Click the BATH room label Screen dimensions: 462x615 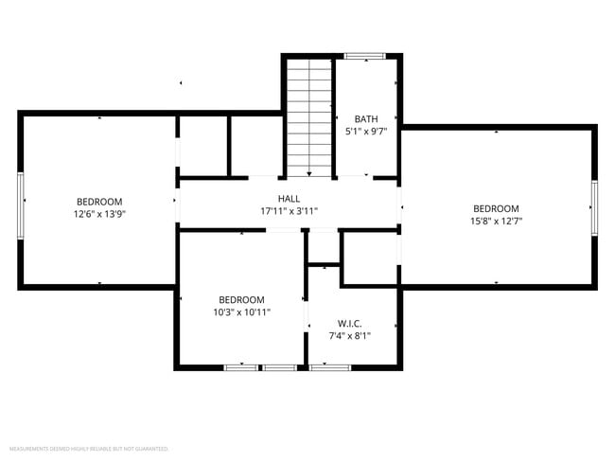[x=365, y=118]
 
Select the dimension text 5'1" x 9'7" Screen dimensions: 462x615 [x=365, y=131]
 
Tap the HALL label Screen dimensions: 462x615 [x=289, y=198]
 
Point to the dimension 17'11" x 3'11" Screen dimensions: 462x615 [x=289, y=210]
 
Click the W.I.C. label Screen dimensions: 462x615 [x=349, y=323]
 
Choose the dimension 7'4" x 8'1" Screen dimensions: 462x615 [x=349, y=335]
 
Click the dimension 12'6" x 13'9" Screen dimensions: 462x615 [x=99, y=214]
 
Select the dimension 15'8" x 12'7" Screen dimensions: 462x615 [x=496, y=221]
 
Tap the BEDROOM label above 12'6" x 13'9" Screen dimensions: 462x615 [x=99, y=202]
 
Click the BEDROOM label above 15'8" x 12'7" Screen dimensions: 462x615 [x=496, y=208]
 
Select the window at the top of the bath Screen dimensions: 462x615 [x=364, y=57]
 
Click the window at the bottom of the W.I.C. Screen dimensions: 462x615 [x=330, y=367]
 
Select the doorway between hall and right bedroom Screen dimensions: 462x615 [x=399, y=202]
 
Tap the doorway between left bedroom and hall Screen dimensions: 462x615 [x=177, y=201]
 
